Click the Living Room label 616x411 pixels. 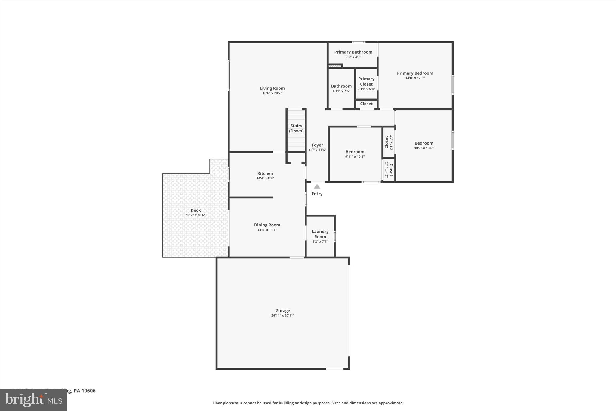click(x=272, y=88)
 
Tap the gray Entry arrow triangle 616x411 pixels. click(x=317, y=187)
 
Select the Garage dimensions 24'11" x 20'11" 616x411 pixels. click(x=282, y=316)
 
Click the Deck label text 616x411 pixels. click(x=196, y=210)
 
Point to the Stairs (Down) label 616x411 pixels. click(x=296, y=128)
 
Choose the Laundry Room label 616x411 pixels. click(x=320, y=234)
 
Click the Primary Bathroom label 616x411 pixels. click(x=353, y=52)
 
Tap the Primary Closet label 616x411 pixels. click(x=366, y=81)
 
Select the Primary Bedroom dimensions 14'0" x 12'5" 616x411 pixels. click(x=415, y=78)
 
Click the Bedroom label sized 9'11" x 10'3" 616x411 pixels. click(x=355, y=152)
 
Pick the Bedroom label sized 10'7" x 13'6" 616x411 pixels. click(x=423, y=143)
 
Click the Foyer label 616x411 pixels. click(x=317, y=145)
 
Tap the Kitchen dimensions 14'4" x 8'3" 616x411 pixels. click(x=265, y=178)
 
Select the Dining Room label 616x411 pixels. click(x=267, y=225)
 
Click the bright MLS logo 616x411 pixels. click(x=33, y=400)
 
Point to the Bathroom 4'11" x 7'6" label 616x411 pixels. click(x=341, y=86)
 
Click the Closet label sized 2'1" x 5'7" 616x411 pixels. click(x=387, y=142)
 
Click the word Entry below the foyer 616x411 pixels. click(x=317, y=194)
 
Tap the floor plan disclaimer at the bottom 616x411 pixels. click(x=308, y=403)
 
